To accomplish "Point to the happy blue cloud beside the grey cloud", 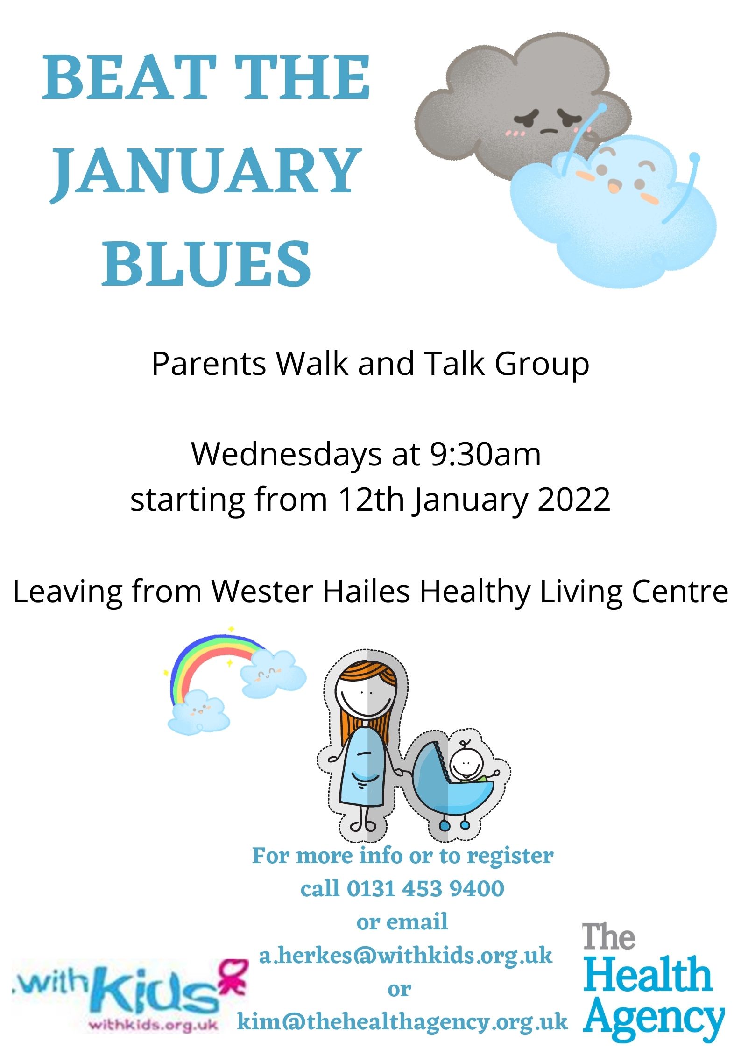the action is coord(616,210).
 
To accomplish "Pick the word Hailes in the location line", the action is coord(367,591).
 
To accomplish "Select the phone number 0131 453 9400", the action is coord(425,888).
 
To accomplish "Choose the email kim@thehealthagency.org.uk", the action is coord(402,1021).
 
